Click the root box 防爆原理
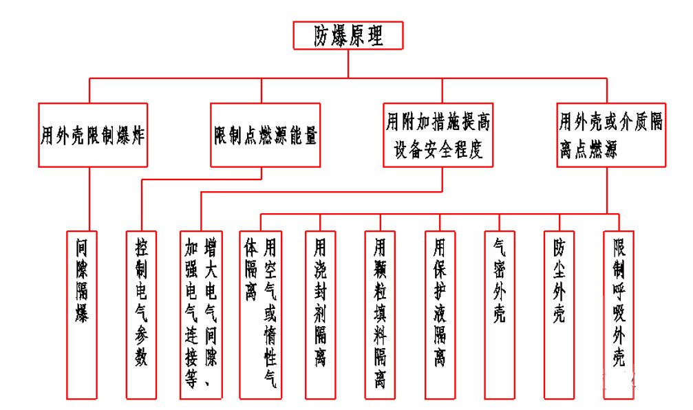[x=348, y=35]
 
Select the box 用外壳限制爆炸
[x=93, y=135]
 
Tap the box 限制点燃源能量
[x=265, y=135]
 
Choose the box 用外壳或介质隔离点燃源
[x=610, y=135]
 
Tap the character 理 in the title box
[x=374, y=36]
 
